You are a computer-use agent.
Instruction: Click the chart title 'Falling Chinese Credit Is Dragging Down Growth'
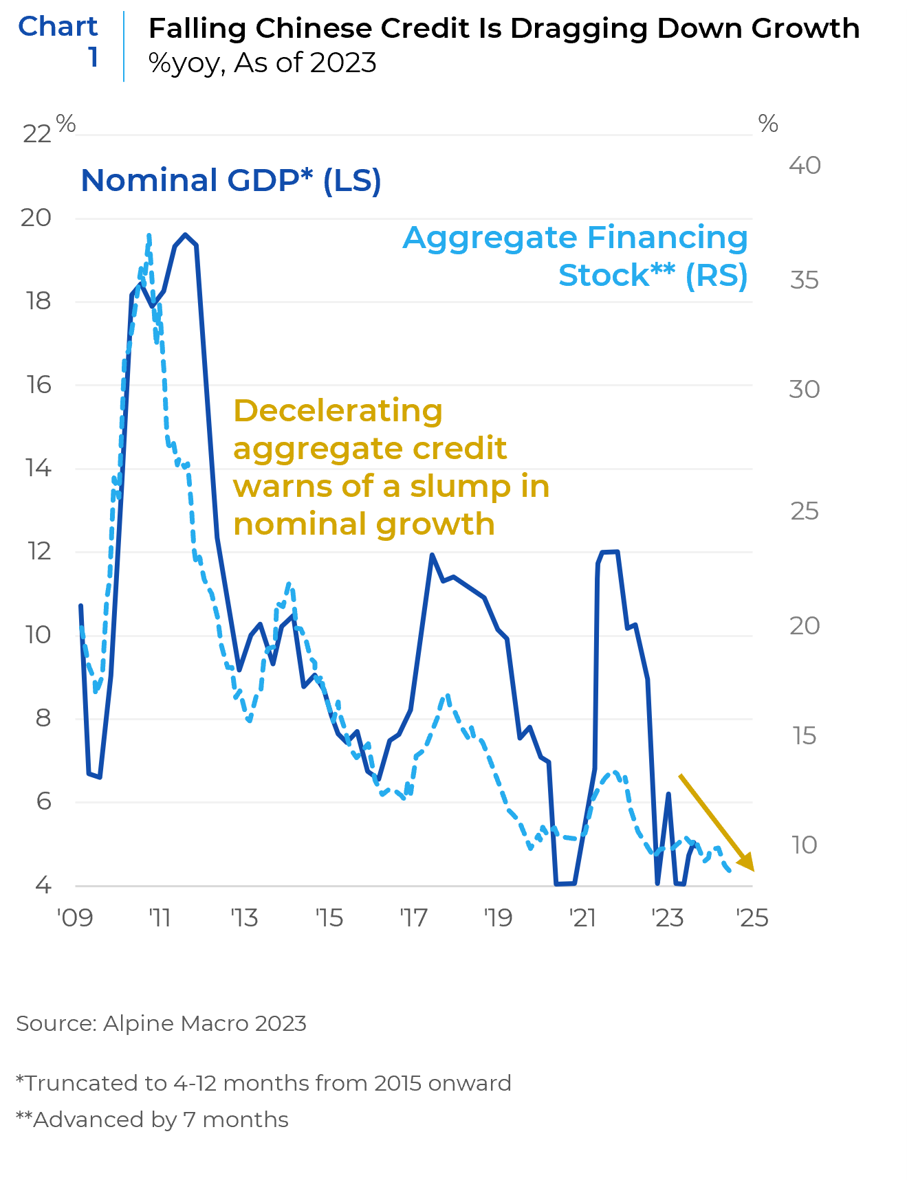coord(504,29)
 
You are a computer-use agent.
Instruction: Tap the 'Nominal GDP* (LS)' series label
coord(231,181)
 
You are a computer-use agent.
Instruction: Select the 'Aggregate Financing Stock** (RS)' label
coord(576,256)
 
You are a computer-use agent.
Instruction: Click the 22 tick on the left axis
coord(37,134)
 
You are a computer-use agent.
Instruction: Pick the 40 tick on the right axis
coord(805,166)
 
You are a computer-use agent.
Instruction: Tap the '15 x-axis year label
coord(329,918)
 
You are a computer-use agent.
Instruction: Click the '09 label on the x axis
coord(75,918)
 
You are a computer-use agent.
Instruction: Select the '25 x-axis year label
coord(752,918)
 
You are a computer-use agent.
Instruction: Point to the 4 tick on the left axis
coord(43,885)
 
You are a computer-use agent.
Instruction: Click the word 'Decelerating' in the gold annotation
coord(338,411)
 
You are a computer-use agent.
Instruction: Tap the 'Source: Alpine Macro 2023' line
coord(161,1023)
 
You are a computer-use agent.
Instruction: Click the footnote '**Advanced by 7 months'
coord(152,1120)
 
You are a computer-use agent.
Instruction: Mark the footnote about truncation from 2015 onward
coord(263,1083)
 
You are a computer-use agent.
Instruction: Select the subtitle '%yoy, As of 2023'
coord(263,63)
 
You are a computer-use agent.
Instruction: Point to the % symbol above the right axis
coord(768,124)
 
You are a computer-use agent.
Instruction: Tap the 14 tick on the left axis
coord(39,469)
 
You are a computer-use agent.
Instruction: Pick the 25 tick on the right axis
coord(805,511)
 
